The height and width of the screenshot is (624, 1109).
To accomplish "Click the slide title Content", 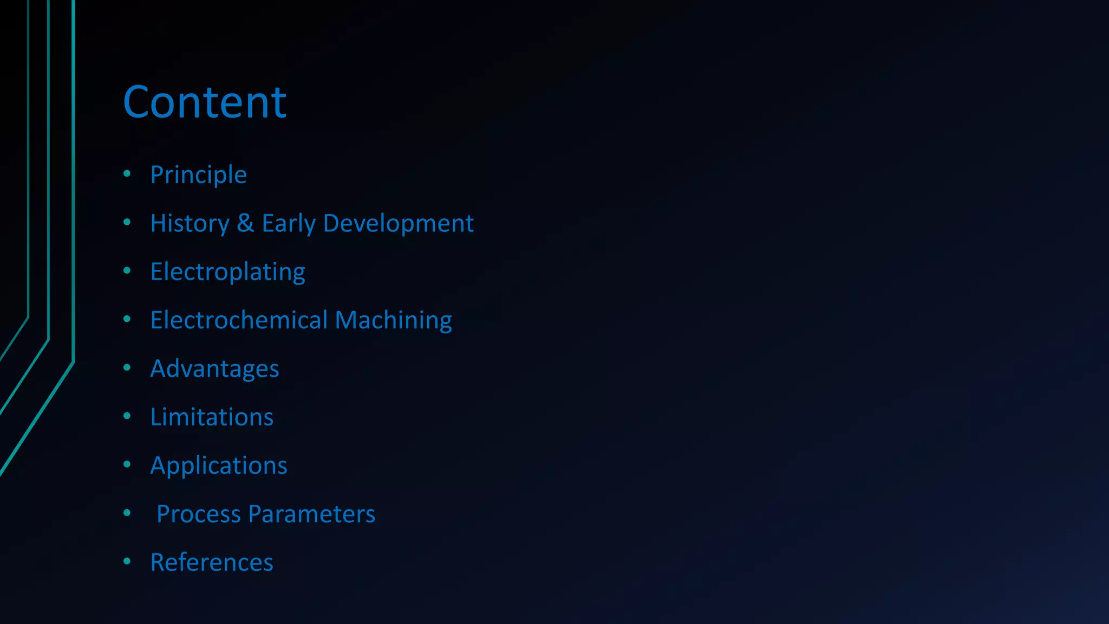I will pos(204,102).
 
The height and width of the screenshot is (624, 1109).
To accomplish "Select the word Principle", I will pos(198,175).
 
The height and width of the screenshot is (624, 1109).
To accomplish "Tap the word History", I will pos(190,223).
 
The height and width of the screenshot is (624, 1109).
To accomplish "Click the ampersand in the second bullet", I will pos(245,223).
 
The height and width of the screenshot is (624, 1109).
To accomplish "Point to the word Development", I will pos(398,223).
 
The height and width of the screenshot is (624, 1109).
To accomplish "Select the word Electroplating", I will pos(227,272).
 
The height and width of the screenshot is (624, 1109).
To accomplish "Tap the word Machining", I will pos(393,320).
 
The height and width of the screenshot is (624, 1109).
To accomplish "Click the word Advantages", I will pos(214,369).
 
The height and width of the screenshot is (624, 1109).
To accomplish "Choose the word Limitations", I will pos(212,417).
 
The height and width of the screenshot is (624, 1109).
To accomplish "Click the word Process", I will pos(198,514).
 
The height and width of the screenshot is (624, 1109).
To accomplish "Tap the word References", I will pos(212,562).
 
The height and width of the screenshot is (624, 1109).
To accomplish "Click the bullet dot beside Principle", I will pos(127,173).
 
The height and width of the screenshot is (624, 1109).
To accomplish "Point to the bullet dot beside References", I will pos(127,561).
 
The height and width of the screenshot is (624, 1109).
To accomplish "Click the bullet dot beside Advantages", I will pos(127,367).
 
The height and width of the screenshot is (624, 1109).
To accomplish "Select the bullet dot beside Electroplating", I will pos(127,270).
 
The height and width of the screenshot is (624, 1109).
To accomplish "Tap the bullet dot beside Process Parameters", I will pos(127,512).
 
